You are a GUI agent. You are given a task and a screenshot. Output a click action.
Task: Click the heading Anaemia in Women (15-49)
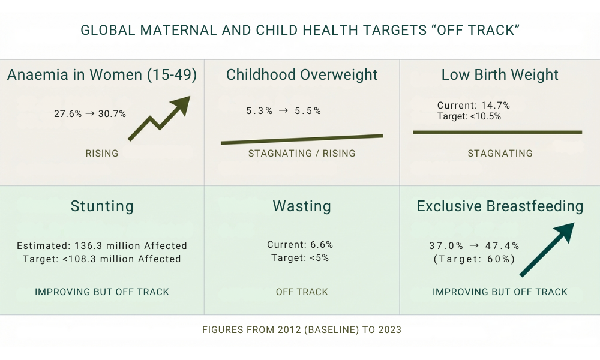tap(102, 75)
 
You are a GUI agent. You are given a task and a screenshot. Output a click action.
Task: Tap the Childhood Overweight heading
tap(302, 75)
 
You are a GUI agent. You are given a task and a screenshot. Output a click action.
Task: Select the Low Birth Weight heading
tap(500, 75)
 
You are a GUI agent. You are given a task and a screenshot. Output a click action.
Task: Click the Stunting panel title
tap(102, 206)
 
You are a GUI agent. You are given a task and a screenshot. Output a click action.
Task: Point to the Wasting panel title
tap(302, 206)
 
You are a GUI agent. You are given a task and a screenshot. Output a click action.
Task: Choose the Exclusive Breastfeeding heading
tap(500, 206)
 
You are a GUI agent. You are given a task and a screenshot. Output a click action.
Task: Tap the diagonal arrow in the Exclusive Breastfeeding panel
tap(547, 250)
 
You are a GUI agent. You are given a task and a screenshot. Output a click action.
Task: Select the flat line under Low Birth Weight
tap(497, 132)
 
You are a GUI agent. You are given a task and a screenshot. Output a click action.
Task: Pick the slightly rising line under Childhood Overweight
tap(302, 139)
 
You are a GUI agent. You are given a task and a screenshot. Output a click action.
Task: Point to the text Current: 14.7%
tap(473, 106)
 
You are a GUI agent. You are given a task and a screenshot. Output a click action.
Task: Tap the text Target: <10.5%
tap(469, 116)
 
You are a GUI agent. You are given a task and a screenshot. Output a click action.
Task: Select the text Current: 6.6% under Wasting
tap(300, 245)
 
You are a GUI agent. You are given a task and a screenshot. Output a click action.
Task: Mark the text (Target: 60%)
tap(474, 259)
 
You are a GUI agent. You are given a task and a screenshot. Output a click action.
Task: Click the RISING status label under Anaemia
tap(102, 154)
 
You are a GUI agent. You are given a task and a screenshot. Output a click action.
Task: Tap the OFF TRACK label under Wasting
tap(302, 292)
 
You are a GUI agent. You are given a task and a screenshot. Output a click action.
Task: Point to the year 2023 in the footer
tap(389, 330)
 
